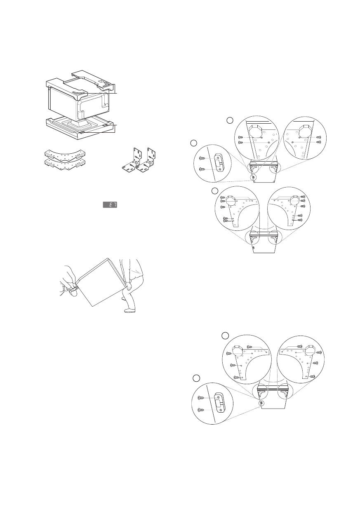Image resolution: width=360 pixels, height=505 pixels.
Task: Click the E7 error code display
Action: click(109, 205)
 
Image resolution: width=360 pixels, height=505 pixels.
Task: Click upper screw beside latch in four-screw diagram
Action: click(201, 397)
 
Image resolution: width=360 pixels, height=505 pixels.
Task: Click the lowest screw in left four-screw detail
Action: click(237, 377)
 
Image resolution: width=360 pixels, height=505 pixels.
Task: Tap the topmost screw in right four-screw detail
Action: click(300, 346)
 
